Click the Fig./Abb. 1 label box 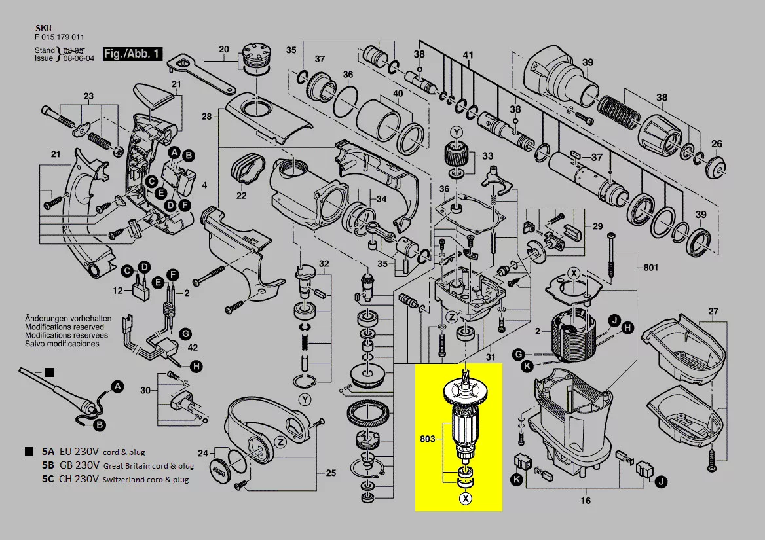pos(132,54)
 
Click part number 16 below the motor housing pos(585,501)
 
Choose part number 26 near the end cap pos(717,144)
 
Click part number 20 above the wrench pos(224,49)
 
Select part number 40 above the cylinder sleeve pos(398,93)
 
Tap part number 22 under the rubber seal pos(241,196)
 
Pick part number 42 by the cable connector pos(193,348)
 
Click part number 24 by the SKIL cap pos(202,453)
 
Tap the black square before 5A pos(29,452)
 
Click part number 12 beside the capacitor pos(118,290)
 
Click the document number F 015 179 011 pos(59,37)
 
